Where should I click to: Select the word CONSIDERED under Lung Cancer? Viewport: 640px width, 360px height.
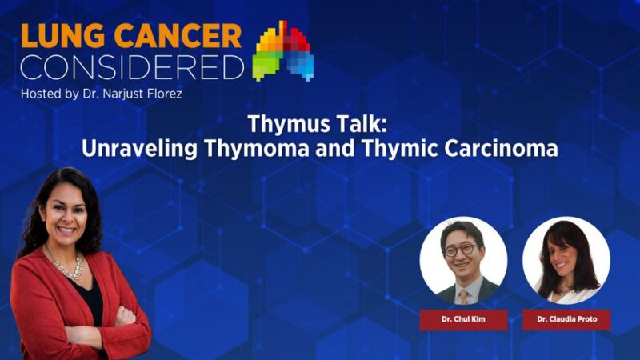click(x=132, y=67)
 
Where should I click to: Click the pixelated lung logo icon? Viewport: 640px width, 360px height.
click(x=283, y=51)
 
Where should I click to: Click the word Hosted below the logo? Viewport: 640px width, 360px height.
click(x=42, y=94)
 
